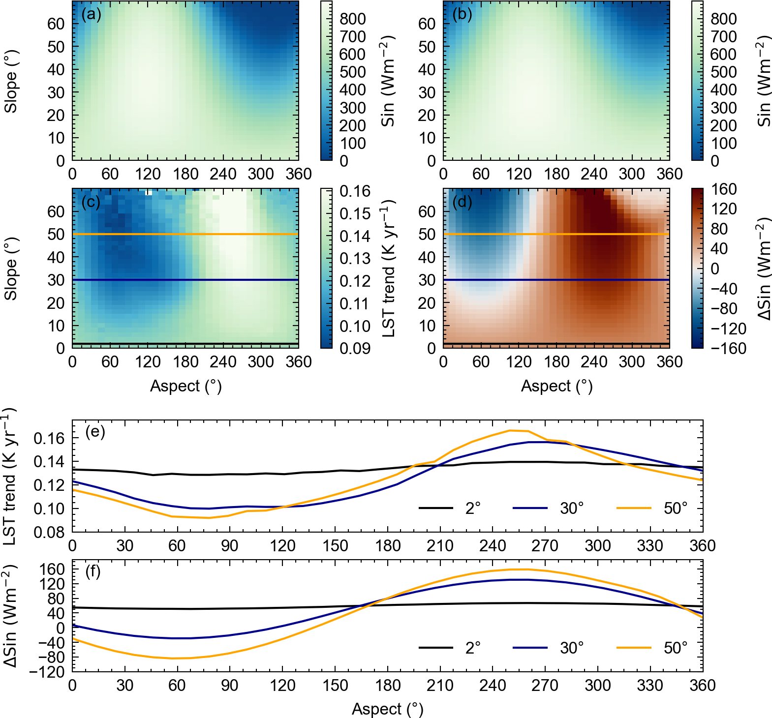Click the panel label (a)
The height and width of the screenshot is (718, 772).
91,15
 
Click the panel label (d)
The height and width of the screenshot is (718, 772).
462,202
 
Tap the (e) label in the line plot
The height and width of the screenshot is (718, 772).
95,432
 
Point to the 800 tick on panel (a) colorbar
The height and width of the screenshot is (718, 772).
353,19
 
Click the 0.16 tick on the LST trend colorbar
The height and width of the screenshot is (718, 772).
355,191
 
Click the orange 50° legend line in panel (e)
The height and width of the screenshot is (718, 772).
634,508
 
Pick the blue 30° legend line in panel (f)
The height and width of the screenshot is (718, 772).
530,648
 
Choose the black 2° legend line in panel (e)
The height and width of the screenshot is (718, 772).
435,508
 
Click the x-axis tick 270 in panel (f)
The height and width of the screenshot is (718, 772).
545,685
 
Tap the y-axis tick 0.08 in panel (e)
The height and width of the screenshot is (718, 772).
49,532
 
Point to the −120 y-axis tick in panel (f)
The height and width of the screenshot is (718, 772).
47,672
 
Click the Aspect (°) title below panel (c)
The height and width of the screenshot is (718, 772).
185,387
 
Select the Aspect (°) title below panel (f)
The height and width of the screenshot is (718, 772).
387,709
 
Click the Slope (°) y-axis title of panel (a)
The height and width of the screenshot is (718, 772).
11,81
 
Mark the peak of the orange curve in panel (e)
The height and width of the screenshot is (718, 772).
510,431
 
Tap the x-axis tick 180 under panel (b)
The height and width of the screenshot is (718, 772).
556,174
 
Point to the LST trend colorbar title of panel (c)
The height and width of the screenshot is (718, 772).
389,269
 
